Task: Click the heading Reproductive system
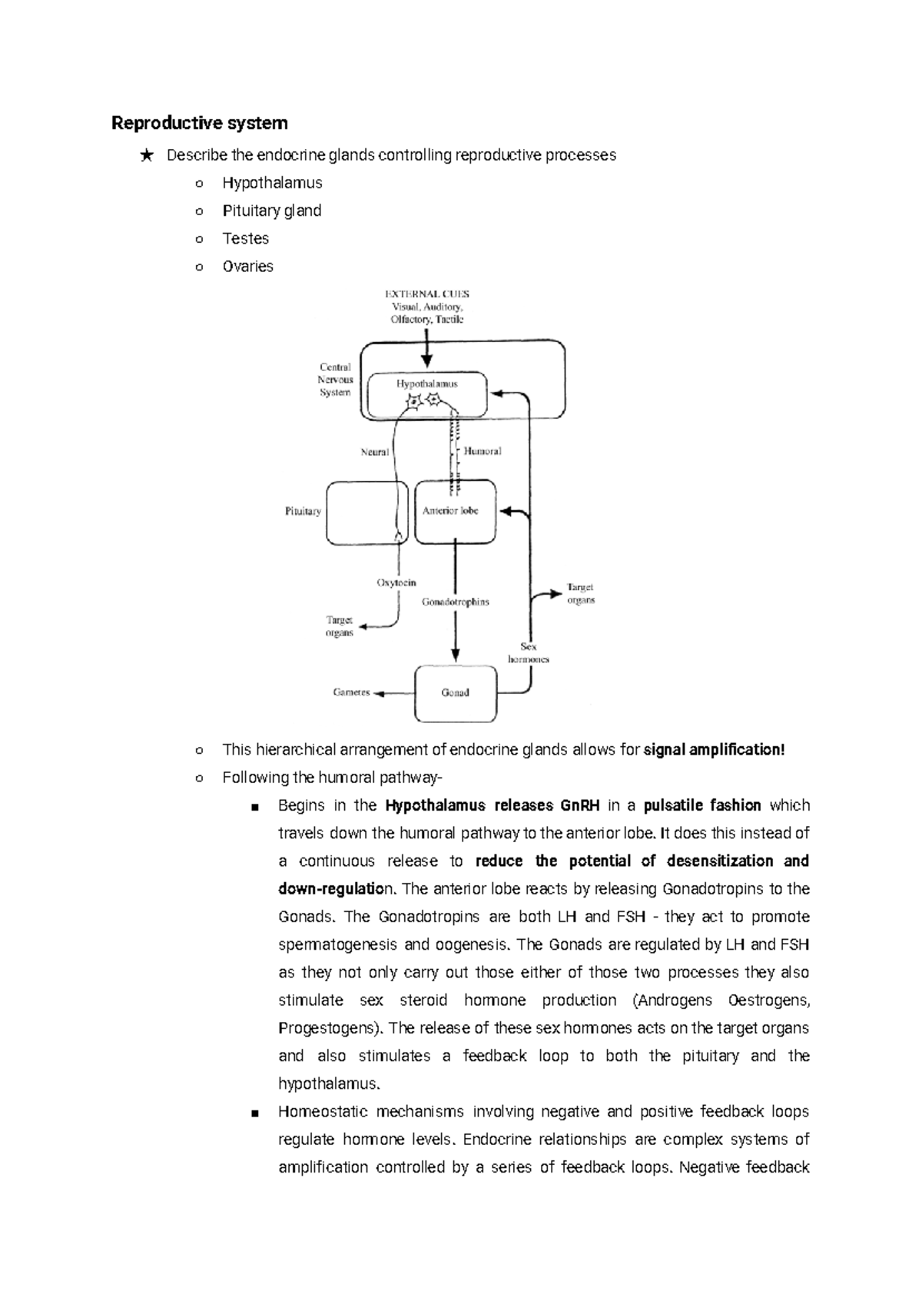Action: [x=200, y=123]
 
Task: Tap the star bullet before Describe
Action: [x=146, y=156]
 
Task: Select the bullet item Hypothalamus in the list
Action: [x=272, y=183]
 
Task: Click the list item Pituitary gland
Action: [x=271, y=211]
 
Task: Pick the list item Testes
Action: [x=245, y=238]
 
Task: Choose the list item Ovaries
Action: [x=247, y=266]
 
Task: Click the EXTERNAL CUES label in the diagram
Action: [x=426, y=294]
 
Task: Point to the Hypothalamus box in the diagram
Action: [x=427, y=393]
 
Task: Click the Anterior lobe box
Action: [x=455, y=512]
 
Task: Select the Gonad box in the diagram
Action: [x=455, y=693]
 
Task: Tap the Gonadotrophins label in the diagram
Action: [x=455, y=602]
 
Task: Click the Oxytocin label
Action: [x=396, y=583]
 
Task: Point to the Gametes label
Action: [x=351, y=692]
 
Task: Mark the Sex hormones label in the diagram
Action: [x=529, y=653]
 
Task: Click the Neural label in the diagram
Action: [x=375, y=453]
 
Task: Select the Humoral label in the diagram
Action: [x=483, y=452]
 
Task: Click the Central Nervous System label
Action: [x=335, y=380]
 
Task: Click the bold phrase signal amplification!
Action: [x=715, y=750]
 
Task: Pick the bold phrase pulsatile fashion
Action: [x=702, y=805]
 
